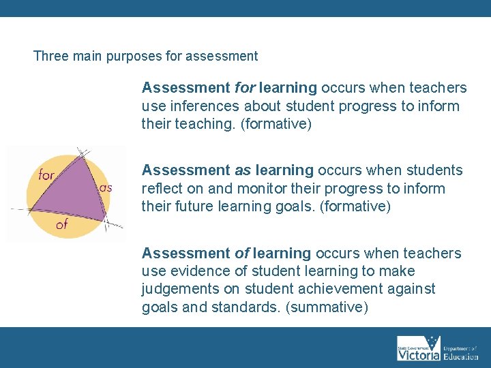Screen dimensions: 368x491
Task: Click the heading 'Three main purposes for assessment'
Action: pos(145,57)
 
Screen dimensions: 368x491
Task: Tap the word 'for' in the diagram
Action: pos(46,175)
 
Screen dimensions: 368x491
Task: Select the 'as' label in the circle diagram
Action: pos(106,187)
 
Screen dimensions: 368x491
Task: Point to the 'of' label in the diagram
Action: pos(61,224)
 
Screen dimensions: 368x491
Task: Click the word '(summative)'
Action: pos(327,307)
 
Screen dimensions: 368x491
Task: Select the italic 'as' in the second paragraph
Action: pos(243,170)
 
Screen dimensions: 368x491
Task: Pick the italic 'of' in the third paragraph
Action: pos(242,254)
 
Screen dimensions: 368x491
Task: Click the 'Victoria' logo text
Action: pos(418,355)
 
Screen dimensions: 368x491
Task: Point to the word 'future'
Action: pos(189,206)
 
